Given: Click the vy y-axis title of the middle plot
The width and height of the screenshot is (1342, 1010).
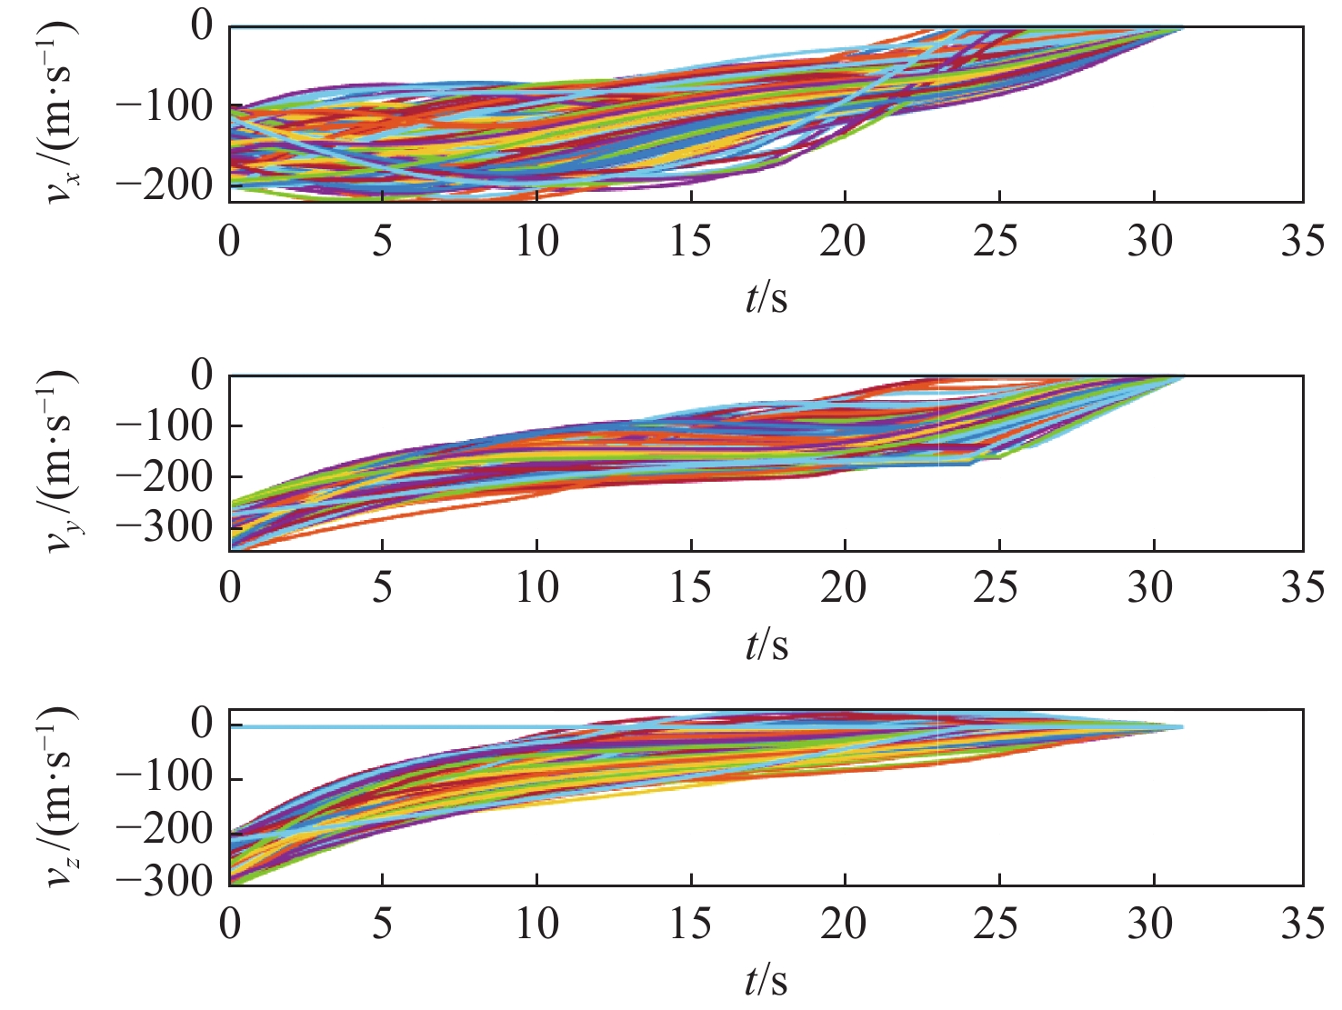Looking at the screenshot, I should [61, 462].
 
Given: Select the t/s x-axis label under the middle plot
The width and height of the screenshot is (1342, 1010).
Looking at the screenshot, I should [766, 645].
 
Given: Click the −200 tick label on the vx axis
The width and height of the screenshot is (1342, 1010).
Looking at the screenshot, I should [164, 185].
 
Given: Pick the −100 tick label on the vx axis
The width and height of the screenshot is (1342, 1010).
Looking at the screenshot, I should [164, 106].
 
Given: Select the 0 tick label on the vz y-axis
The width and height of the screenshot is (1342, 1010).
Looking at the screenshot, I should [201, 725].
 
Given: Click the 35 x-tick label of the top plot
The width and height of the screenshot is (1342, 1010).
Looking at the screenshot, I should [1302, 242].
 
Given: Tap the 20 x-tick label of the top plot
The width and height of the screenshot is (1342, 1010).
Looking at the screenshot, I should [844, 242].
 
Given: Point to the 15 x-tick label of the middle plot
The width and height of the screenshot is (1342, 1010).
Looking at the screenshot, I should [690, 588].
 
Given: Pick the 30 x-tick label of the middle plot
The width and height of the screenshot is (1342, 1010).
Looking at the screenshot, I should [1151, 588].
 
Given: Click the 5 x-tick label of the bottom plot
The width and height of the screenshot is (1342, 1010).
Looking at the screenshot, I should [382, 924].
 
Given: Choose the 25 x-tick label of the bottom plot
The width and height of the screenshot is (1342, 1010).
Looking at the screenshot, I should [997, 924].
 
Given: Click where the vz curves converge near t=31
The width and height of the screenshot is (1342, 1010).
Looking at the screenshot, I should [1180, 726].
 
